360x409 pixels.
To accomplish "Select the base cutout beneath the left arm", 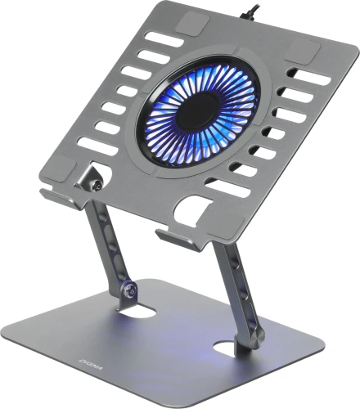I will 139,312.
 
